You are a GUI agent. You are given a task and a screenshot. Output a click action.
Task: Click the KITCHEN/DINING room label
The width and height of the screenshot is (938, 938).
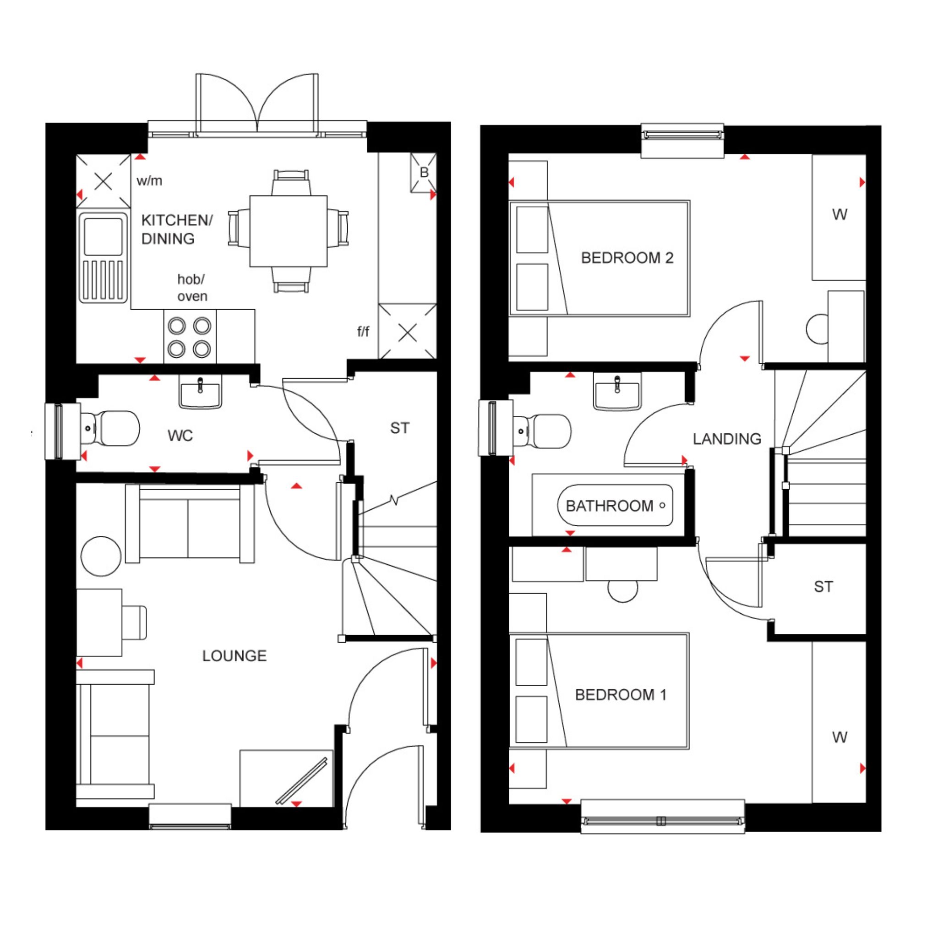click(x=177, y=229)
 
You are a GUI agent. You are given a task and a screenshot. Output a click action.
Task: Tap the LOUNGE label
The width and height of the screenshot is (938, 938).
click(x=234, y=656)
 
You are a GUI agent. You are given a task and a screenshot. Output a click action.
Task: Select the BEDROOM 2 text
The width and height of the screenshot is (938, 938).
click(x=627, y=258)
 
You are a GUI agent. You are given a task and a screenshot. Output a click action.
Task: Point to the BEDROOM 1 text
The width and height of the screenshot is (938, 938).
click(x=621, y=695)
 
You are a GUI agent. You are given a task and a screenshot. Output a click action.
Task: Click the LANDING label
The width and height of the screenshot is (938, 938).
click(x=727, y=439)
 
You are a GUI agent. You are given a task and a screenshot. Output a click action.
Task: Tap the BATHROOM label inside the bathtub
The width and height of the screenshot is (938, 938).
click(x=609, y=506)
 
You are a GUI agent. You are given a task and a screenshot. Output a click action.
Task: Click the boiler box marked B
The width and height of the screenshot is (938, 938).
click(x=423, y=173)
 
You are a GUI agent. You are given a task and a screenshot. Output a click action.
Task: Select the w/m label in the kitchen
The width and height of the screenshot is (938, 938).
click(x=149, y=181)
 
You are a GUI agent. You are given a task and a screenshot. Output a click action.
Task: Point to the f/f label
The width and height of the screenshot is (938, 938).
click(x=363, y=332)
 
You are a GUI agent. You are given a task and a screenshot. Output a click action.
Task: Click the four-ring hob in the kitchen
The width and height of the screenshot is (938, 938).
click(x=190, y=337)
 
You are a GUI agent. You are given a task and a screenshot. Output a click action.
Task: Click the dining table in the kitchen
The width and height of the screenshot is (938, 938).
click(x=289, y=231)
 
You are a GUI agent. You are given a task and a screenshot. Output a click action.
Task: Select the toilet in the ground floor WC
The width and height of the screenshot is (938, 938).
click(x=110, y=428)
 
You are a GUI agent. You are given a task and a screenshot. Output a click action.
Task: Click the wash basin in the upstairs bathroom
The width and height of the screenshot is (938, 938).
click(x=617, y=391)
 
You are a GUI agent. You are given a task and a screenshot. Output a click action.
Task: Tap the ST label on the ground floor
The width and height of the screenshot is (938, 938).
click(x=399, y=428)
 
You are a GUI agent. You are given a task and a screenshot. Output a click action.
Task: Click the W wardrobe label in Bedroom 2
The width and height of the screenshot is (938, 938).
click(x=840, y=215)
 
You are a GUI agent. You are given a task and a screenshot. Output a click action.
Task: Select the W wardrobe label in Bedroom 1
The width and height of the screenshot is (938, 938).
click(x=840, y=737)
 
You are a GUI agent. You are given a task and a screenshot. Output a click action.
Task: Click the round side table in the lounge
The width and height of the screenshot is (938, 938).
click(x=101, y=556)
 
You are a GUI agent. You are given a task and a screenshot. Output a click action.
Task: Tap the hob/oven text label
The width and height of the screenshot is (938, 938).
click(x=192, y=288)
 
